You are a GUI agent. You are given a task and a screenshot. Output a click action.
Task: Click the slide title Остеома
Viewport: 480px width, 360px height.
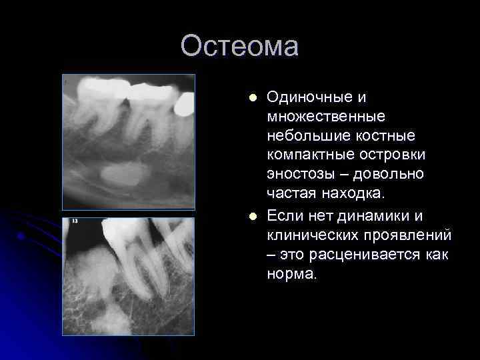(x=239, y=47)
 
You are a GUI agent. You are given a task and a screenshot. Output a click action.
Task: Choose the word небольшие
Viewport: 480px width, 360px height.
(x=304, y=136)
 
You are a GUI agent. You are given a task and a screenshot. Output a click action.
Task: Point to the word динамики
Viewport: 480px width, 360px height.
(x=395, y=215)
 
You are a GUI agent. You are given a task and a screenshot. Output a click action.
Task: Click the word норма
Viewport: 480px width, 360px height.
(x=291, y=274)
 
